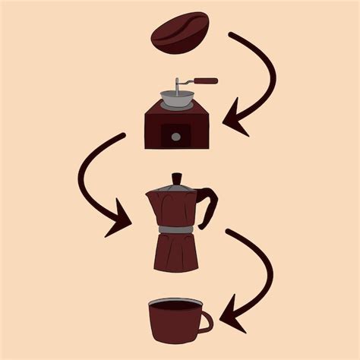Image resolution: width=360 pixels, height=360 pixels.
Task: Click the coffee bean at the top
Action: coord(180,32)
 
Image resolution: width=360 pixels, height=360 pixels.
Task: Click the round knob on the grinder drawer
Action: coord(176,137)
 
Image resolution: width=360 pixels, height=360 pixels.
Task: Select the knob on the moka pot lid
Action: coord(177,178)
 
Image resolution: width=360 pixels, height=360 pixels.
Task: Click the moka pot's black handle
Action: coord(210,205)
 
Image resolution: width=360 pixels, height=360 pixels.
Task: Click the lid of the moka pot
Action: coord(178,187)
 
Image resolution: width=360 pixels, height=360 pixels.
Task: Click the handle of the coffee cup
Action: coord(206,321)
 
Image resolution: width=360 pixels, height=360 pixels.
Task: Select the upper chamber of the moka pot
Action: coord(178,208)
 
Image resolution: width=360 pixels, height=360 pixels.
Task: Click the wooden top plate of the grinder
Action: coord(177,110)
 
